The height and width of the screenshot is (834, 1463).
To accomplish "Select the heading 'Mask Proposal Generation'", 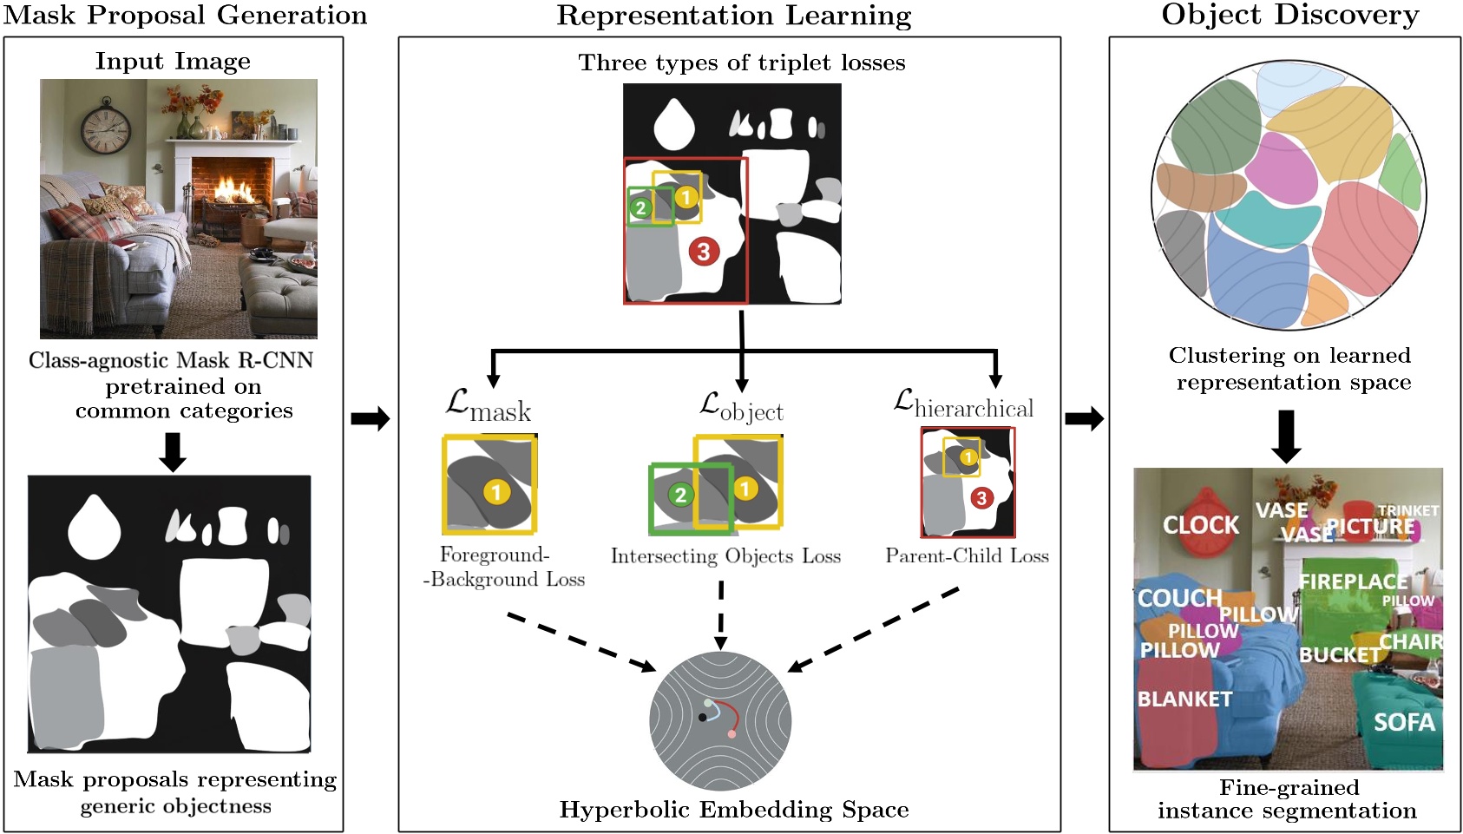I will click(x=185, y=15).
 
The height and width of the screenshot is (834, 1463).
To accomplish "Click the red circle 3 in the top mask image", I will click(x=704, y=252).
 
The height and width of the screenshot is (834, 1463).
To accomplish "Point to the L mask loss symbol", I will click(x=487, y=405).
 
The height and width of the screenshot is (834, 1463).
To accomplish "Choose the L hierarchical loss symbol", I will click(x=963, y=404).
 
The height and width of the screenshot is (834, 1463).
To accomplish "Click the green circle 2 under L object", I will click(x=679, y=495).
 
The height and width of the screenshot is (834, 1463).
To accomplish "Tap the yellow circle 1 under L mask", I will click(x=495, y=493).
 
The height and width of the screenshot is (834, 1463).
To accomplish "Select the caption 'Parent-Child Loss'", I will click(x=967, y=555).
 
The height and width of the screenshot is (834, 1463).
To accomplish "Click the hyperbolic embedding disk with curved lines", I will click(x=719, y=720).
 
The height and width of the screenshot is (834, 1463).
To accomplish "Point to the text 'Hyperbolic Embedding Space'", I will click(x=733, y=809).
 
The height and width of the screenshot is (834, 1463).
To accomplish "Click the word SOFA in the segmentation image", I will click(x=1403, y=722).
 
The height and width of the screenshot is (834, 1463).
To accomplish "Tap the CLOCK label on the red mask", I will click(x=1201, y=525).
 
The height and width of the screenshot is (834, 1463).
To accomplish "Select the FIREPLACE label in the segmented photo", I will click(x=1353, y=581).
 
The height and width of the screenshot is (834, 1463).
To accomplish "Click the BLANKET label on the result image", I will click(x=1184, y=699).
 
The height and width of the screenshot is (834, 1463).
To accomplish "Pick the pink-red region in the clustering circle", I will click(x=1367, y=239).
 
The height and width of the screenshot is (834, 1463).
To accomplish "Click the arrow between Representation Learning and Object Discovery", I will click(x=1084, y=419).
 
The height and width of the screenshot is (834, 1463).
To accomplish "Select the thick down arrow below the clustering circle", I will click(x=1285, y=436).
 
